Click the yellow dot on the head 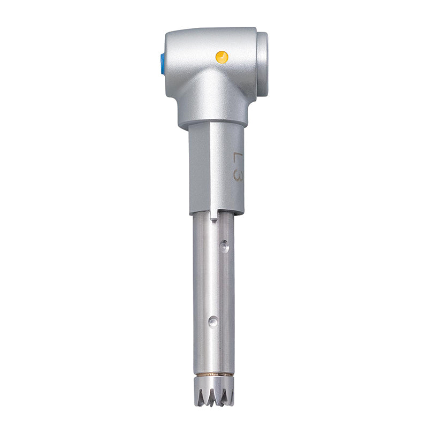click(x=221, y=56)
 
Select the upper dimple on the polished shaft click(x=224, y=246)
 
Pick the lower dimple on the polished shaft click(x=213, y=323)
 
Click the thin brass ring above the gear click(x=213, y=374)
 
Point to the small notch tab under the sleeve click(x=215, y=216)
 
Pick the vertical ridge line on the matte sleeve click(x=210, y=166)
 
